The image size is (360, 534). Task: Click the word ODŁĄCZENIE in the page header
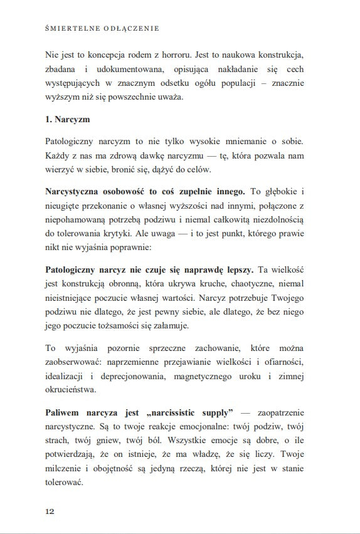pos(129,28)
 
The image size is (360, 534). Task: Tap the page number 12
pos(50,511)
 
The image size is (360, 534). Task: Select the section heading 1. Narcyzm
pos(70,120)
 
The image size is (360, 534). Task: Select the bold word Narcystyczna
pos(74,191)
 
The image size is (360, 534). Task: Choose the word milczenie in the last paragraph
pos(66,470)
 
